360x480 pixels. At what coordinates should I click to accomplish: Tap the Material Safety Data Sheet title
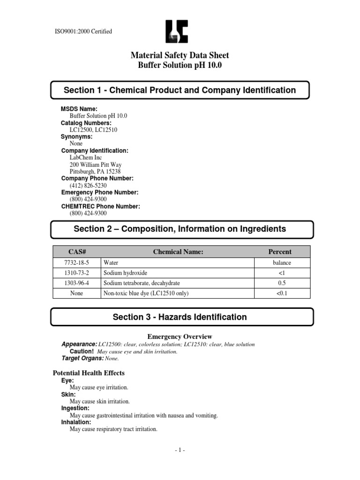tap(180, 56)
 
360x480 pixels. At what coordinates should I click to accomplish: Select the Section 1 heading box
tap(180, 90)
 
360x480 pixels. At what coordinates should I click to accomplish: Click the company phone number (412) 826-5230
tap(85, 185)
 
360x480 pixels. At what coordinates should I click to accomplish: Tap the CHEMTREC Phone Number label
tap(101, 206)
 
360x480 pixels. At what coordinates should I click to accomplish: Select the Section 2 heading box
tap(180, 229)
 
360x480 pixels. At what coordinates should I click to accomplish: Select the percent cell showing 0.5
tap(282, 283)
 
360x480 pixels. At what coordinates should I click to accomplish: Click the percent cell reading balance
tap(282, 263)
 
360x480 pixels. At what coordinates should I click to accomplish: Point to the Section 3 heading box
tap(180, 317)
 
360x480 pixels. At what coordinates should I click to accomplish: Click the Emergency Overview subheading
tap(180, 337)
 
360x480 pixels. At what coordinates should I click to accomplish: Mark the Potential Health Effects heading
tap(88, 373)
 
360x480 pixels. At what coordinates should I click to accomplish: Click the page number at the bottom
tap(180, 450)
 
